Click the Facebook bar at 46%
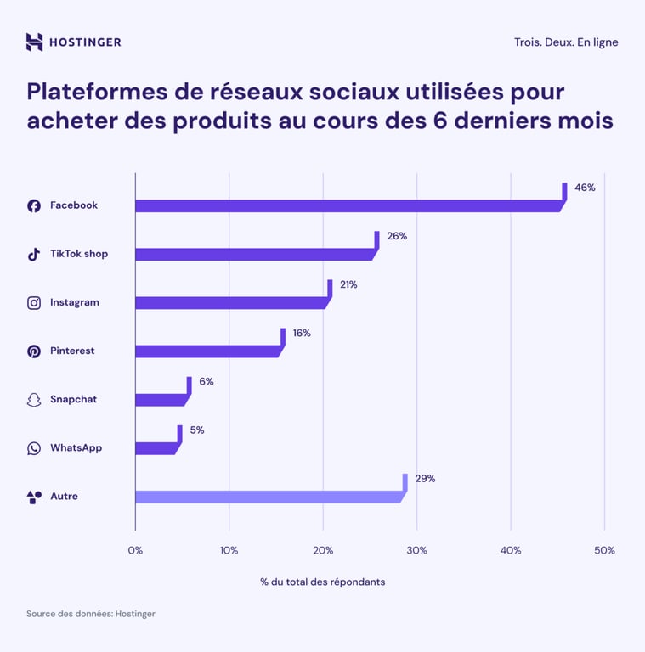(x=348, y=205)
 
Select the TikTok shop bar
(x=255, y=254)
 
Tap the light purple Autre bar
(x=269, y=497)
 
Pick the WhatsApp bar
(x=156, y=448)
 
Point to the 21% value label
(x=348, y=284)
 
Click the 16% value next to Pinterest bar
(x=302, y=333)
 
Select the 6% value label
(x=207, y=381)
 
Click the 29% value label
(x=425, y=479)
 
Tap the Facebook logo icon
(x=34, y=205)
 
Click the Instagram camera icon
(x=34, y=302)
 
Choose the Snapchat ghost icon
(x=34, y=400)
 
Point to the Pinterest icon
(x=34, y=351)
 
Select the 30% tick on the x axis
(x=416, y=550)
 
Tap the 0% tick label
(x=135, y=550)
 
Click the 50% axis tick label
(x=604, y=550)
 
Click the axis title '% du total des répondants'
(x=323, y=582)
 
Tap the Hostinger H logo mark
(x=34, y=42)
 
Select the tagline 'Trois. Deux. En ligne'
(x=566, y=42)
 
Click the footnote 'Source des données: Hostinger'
(x=91, y=613)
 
